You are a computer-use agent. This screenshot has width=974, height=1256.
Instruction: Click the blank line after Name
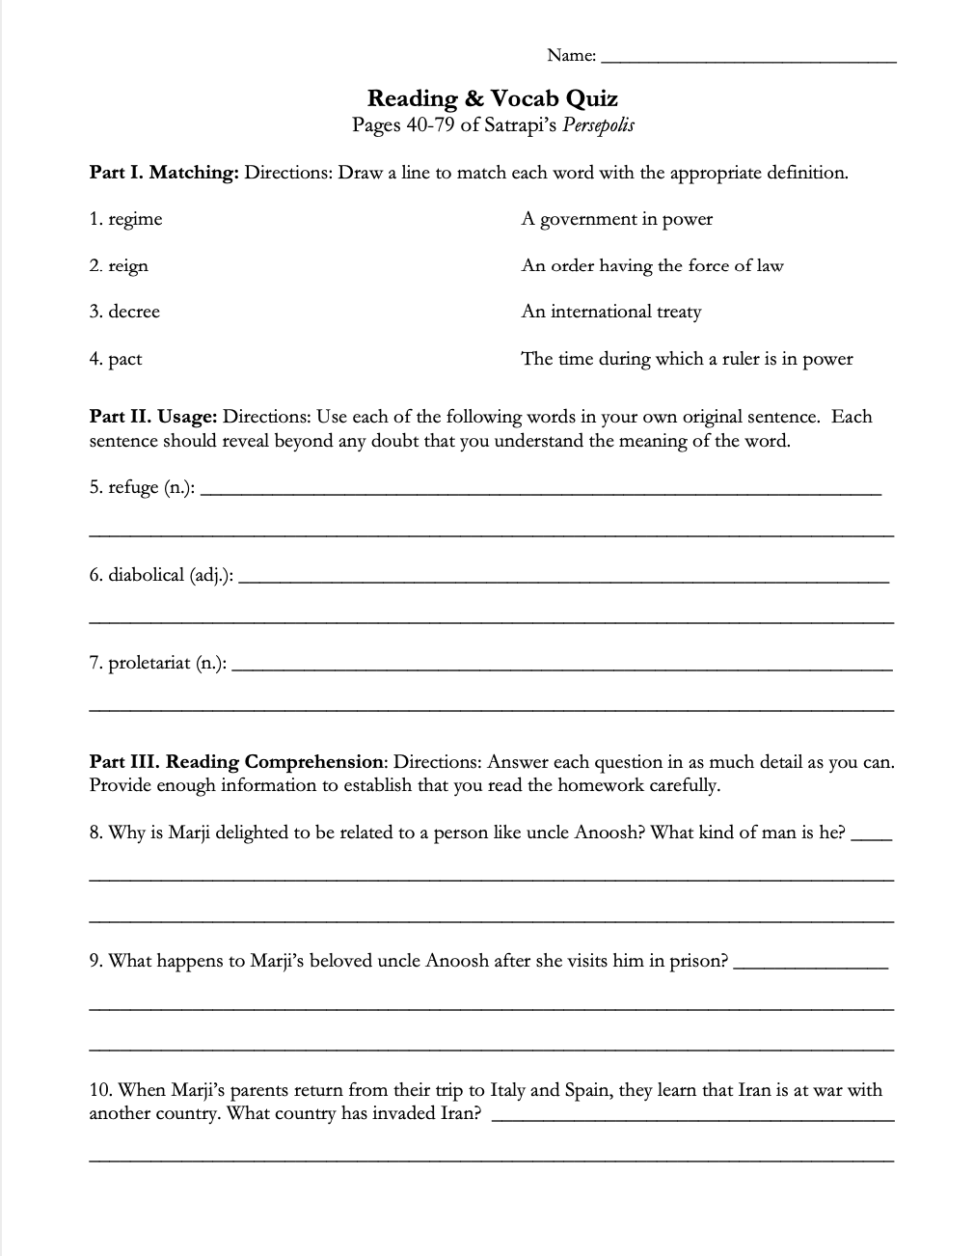(747, 58)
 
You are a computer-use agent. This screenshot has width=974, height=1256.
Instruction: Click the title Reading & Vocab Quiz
(493, 98)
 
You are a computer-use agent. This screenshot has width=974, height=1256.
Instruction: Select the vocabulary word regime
(135, 220)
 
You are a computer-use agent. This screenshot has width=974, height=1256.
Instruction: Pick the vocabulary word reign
(128, 266)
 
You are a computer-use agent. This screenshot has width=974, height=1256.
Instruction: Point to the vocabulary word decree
(134, 312)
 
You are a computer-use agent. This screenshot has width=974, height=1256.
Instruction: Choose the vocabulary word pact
(124, 360)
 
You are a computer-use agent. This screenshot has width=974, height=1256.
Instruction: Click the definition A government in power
(617, 220)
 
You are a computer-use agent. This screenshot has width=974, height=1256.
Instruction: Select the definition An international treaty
(611, 312)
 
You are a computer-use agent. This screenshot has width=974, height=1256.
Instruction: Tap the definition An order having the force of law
(653, 265)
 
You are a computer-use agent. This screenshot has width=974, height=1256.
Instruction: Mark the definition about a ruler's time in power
(687, 359)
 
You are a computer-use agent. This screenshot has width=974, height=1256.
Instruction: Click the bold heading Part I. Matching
(164, 174)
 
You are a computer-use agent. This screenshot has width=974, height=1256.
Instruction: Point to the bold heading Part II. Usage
(153, 417)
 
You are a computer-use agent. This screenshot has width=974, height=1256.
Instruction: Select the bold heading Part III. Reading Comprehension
(236, 762)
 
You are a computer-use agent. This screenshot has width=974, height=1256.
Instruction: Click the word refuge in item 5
(133, 488)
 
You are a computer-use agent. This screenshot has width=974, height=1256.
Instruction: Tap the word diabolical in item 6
(146, 575)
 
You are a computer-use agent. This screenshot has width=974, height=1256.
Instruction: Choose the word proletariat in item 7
(149, 664)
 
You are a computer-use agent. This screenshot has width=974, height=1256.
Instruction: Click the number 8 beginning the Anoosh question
(95, 833)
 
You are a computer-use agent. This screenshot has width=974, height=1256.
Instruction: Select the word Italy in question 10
(508, 1091)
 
